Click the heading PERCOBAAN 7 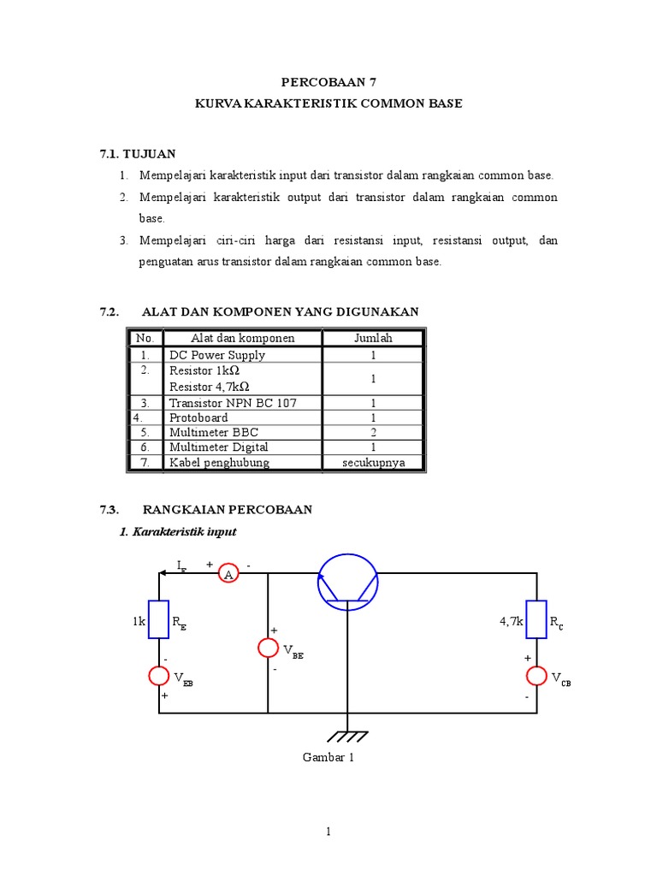click(x=328, y=82)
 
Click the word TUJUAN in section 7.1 click(x=149, y=153)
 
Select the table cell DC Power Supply click(x=217, y=355)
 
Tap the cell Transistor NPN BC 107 click(x=233, y=403)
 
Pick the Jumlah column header click(x=373, y=338)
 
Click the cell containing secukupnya click(x=373, y=463)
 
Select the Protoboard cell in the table click(x=198, y=417)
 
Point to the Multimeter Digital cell click(x=219, y=447)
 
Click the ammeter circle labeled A click(x=228, y=574)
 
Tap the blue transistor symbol click(x=347, y=581)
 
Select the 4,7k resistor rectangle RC click(x=536, y=619)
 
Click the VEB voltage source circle click(x=159, y=675)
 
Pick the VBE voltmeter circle click(x=269, y=648)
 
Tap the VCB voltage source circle click(x=536, y=676)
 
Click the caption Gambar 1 click(x=328, y=757)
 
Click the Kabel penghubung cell click(x=219, y=463)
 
